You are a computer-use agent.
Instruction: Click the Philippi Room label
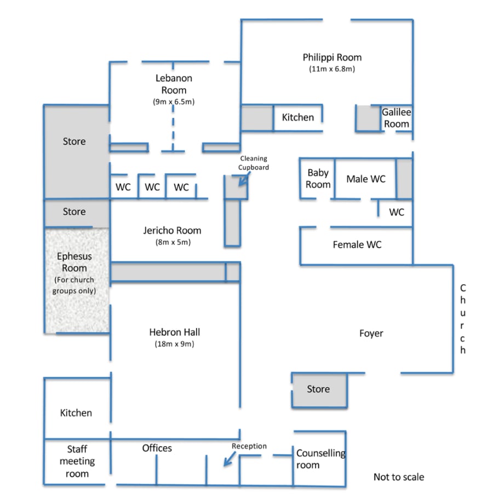coord(332,57)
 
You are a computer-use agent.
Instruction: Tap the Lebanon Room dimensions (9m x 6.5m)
coord(174,102)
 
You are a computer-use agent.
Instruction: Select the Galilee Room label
coord(397,118)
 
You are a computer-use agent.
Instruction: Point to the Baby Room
coord(318,178)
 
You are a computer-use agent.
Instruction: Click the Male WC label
coord(366,179)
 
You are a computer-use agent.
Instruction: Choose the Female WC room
coord(357,246)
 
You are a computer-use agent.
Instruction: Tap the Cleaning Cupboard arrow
coord(244,179)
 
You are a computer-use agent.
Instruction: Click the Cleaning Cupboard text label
coord(254,162)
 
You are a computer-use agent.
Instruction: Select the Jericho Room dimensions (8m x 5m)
coord(173,242)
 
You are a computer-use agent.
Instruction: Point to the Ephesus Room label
coord(74,262)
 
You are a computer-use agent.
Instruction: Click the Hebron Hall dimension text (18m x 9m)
coord(175,344)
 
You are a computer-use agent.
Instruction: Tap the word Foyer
coord(371,333)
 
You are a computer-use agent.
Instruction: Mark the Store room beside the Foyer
coord(319,390)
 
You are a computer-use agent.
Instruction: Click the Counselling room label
coord(320,459)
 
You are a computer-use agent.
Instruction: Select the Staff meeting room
coord(77,462)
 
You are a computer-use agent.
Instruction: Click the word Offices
coord(157,448)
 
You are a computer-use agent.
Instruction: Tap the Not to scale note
coord(399,477)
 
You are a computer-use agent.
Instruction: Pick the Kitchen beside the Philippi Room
coord(297,118)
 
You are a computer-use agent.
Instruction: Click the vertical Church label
coord(462,319)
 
